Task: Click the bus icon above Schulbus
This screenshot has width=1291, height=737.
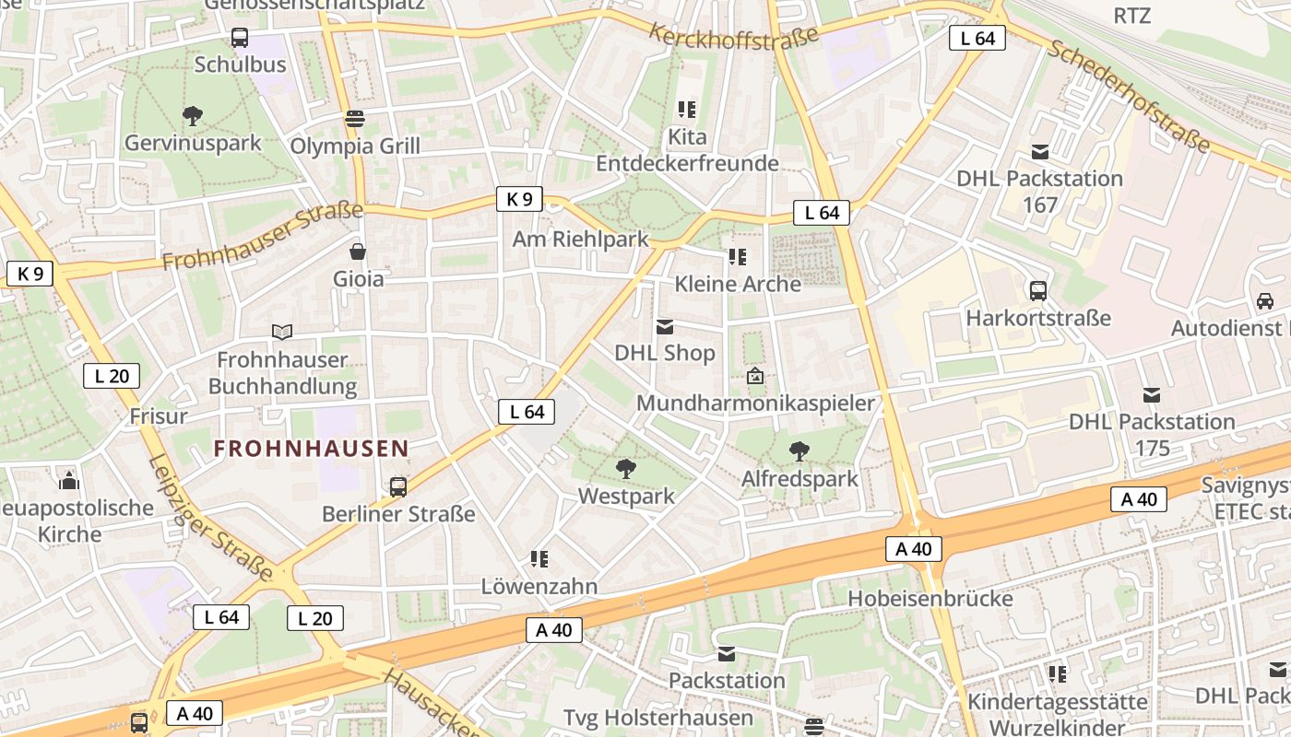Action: pos(240,38)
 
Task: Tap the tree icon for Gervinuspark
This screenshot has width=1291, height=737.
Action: pos(193,116)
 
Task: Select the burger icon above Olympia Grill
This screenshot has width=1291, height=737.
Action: pos(355,119)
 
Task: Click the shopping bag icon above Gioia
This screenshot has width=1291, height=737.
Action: pos(358,252)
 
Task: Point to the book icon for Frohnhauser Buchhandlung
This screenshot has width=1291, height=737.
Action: pos(282,332)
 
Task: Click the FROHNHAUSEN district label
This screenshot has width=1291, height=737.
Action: pos(312,449)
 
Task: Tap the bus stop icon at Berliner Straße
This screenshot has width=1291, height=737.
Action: pos(398,486)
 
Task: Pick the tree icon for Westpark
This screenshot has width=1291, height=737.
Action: pos(626,469)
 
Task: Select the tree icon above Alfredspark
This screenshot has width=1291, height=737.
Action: pos(799,451)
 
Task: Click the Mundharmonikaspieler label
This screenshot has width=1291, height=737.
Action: pos(755,404)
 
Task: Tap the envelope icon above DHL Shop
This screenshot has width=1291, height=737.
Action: pos(665,326)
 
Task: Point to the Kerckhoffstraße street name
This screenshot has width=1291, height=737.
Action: pos(734,37)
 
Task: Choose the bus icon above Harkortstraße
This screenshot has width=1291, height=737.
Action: pos(1038,291)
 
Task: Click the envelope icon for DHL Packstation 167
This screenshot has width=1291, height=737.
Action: pos(1040,152)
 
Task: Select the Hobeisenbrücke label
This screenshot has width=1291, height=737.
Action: pos(930,599)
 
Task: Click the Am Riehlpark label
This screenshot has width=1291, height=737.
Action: pos(581,240)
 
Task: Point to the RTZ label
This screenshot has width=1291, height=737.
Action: pos(1132,16)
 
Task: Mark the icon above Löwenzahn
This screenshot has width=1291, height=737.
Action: pos(540,559)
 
